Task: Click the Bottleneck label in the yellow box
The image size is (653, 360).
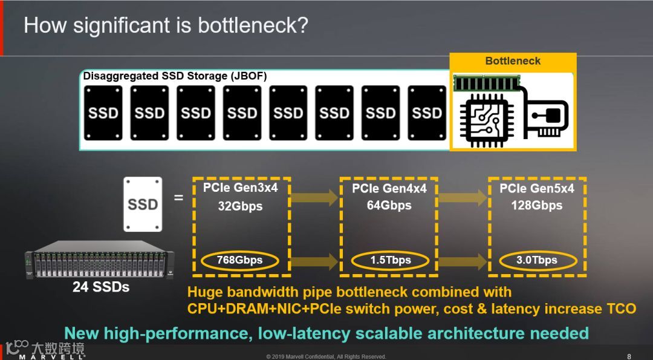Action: (513, 61)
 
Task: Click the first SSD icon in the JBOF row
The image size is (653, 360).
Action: (103, 113)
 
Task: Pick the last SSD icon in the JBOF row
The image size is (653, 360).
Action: (427, 113)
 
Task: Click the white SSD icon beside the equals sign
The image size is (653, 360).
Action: (143, 204)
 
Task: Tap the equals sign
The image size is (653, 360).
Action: (178, 197)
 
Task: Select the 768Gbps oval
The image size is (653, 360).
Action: (240, 260)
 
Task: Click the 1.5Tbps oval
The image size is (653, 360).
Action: (391, 260)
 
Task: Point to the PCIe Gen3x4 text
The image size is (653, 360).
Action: (240, 188)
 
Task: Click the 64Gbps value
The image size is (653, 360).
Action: (390, 206)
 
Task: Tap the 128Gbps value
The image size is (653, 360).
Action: (537, 206)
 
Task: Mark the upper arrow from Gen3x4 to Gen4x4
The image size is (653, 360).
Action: (315, 197)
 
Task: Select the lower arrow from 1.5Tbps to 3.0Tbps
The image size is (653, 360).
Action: (463, 261)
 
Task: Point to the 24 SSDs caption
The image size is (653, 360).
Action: (100, 287)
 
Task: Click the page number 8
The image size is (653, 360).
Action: (629, 356)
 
